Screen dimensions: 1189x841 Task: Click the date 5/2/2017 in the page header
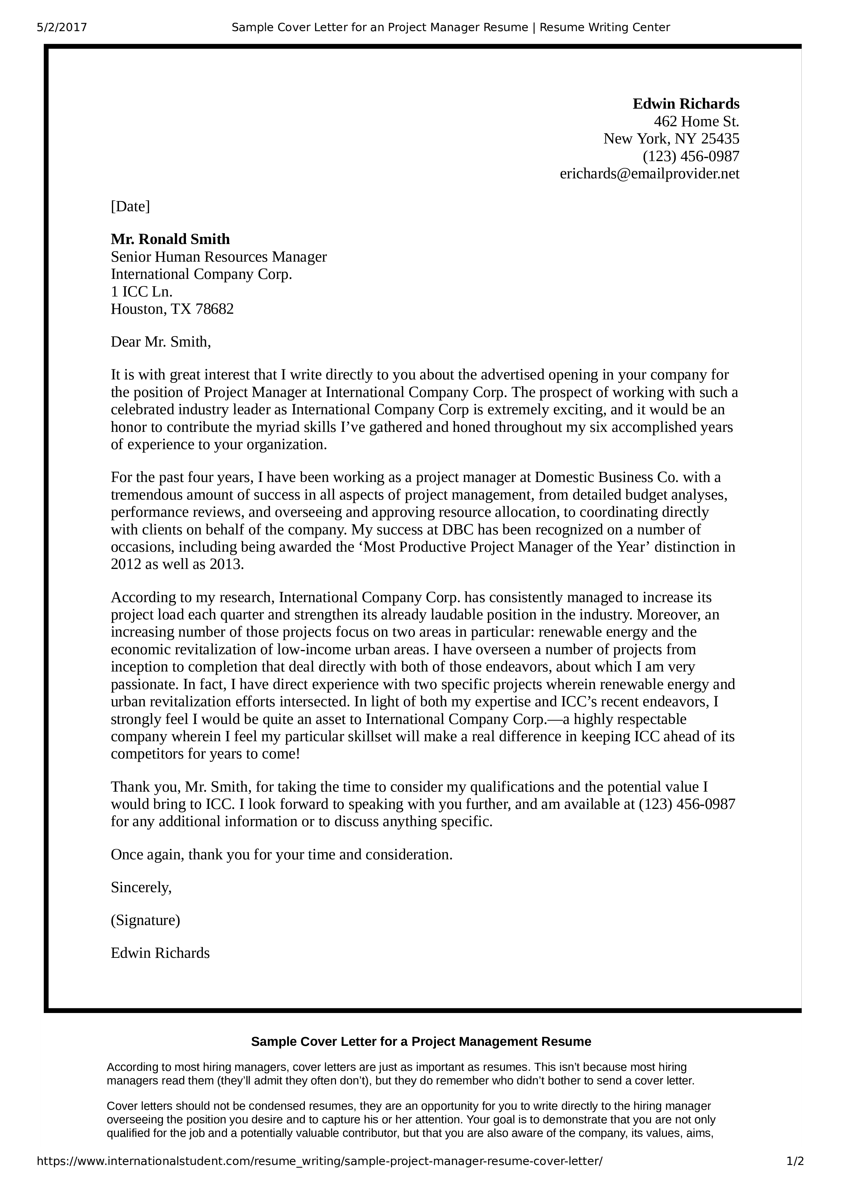point(62,27)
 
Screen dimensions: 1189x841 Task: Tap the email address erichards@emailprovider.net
point(649,174)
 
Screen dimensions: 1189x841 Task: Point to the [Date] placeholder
point(130,206)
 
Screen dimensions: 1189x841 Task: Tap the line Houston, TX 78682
point(172,309)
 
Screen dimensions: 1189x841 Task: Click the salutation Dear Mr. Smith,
point(161,342)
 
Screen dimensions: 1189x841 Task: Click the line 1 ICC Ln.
point(142,291)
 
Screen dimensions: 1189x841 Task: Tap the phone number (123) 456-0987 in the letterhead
point(691,156)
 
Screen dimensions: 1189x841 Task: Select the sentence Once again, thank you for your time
point(281,855)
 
